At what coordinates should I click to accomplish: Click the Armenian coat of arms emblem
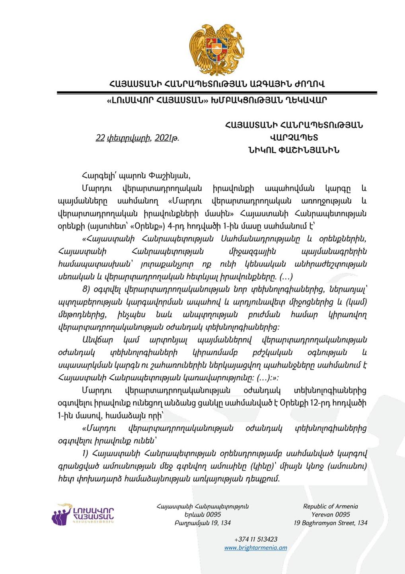[217, 50]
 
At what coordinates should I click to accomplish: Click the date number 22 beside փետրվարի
[100, 138]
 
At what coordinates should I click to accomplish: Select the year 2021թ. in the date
[167, 138]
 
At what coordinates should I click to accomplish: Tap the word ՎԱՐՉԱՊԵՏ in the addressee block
[294, 138]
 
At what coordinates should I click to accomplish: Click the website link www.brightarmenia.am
[255, 548]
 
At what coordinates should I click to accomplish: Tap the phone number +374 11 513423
[256, 539]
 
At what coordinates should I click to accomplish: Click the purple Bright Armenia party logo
[83, 514]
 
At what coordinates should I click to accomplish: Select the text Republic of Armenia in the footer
[331, 506]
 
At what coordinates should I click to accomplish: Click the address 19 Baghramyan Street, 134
[331, 523]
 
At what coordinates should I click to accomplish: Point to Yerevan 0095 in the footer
[331, 515]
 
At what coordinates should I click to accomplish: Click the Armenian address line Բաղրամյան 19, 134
[202, 523]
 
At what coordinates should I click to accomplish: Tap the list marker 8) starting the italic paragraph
[87, 289]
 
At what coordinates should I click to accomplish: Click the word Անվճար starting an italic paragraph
[97, 340]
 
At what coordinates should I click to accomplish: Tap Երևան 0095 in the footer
[202, 515]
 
